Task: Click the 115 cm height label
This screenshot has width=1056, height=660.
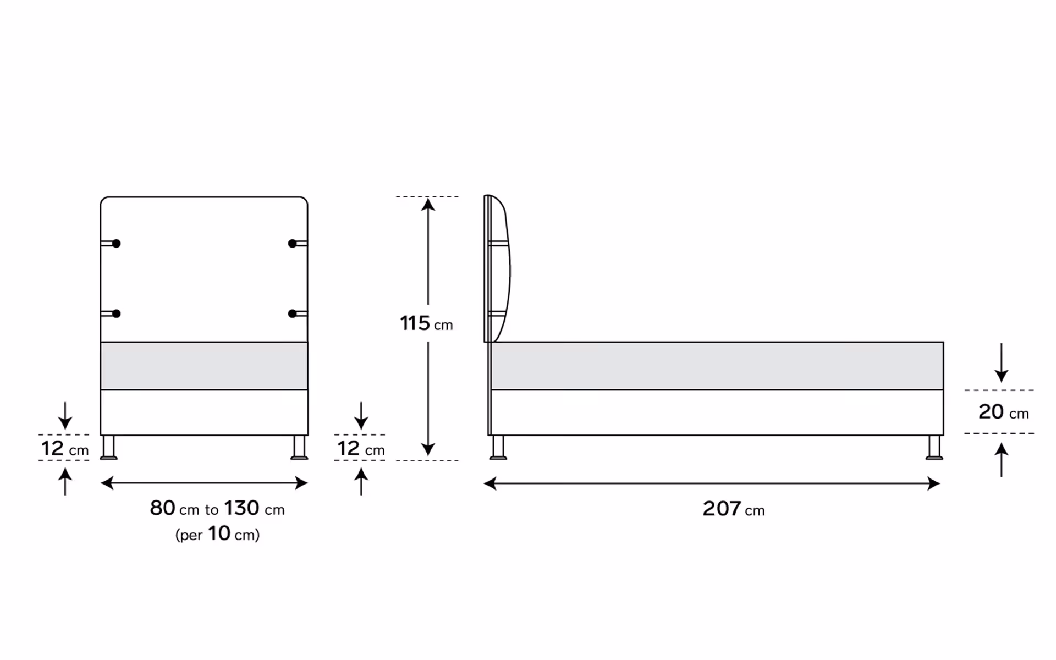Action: (426, 323)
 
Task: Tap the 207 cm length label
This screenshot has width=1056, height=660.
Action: (733, 509)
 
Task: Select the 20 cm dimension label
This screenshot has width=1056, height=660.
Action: (1003, 412)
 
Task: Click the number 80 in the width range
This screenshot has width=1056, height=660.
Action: (162, 508)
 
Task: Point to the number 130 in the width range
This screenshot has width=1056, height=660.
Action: (241, 508)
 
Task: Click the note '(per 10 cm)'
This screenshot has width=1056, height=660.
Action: (217, 533)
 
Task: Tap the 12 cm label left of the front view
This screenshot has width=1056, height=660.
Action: (65, 448)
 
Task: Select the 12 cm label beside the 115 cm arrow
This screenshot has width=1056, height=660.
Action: (361, 448)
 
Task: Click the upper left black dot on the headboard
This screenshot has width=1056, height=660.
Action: (116, 243)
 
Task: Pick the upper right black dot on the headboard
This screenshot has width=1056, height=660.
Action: (293, 243)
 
